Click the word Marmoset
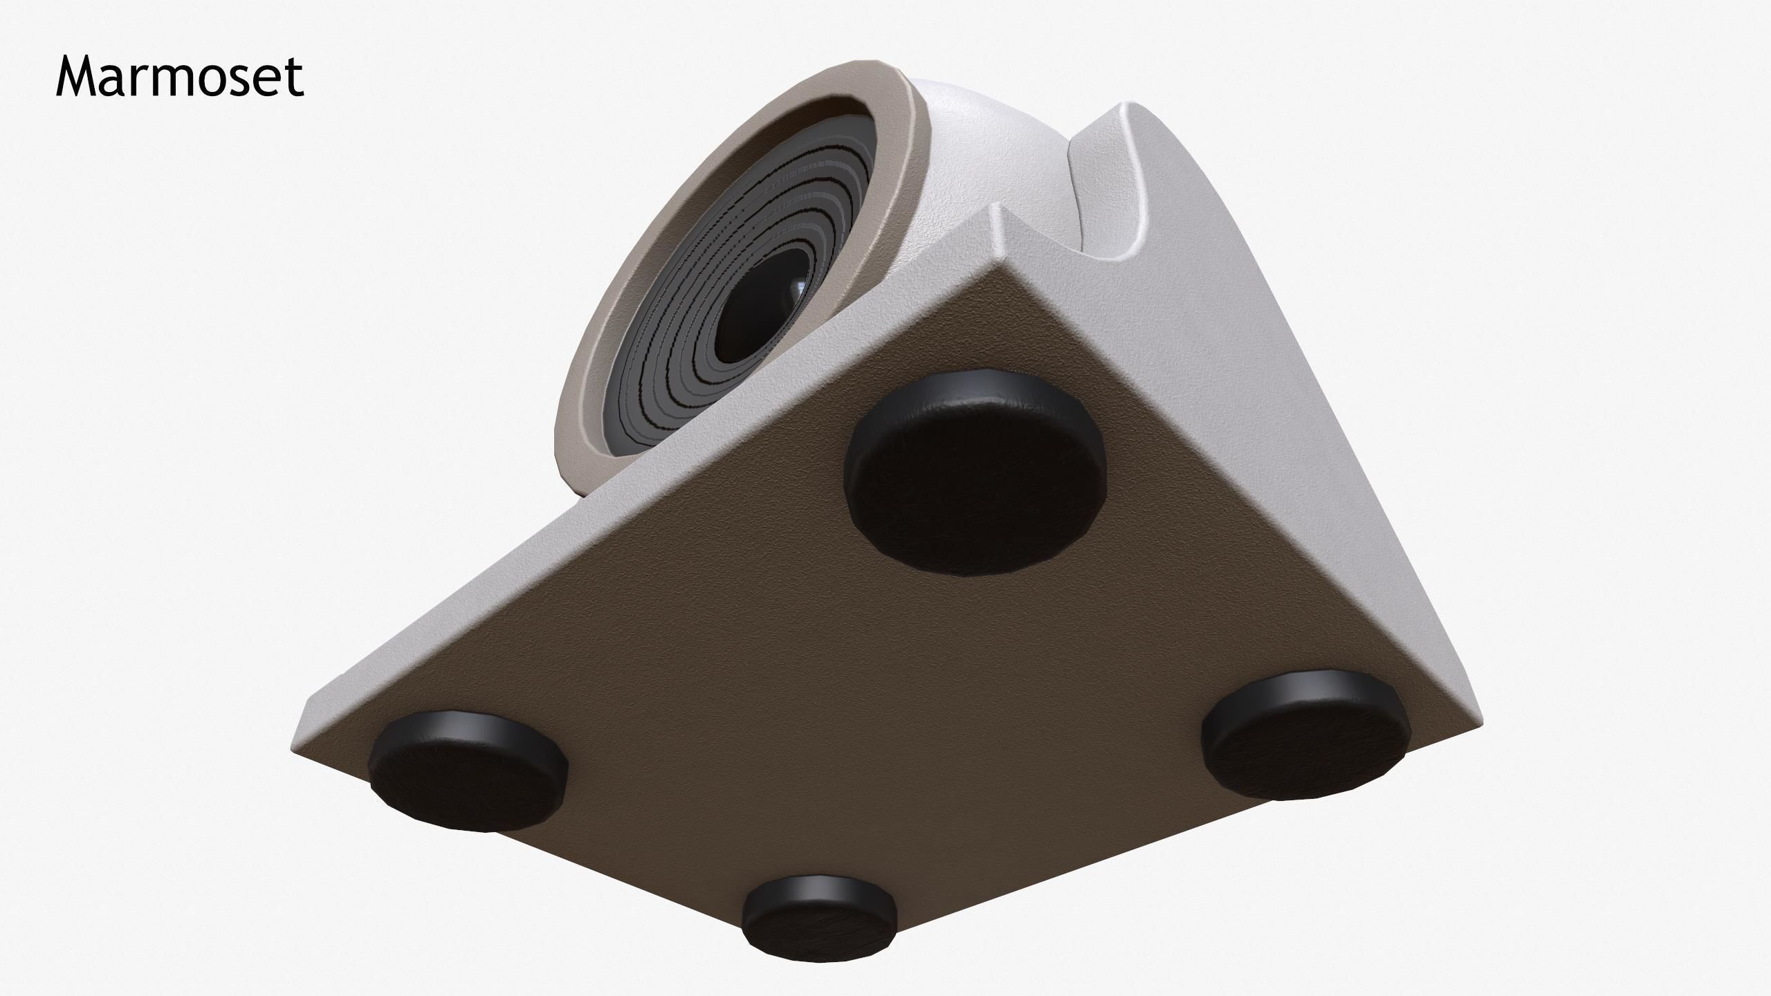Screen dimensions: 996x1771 point(179,77)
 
